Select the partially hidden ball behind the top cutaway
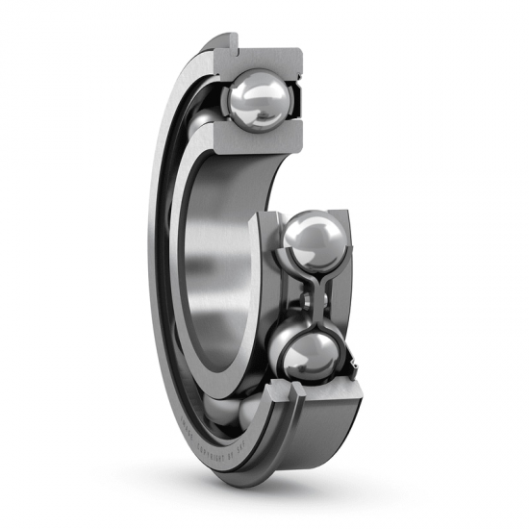(x=205, y=125)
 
